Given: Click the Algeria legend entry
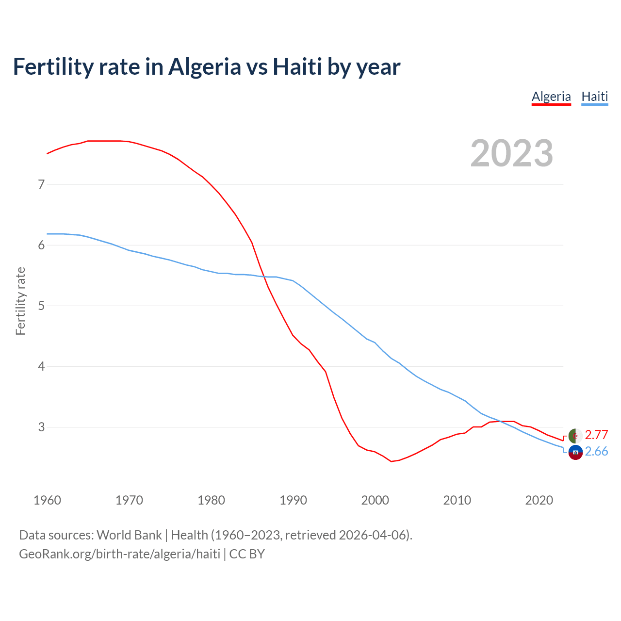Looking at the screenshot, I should [551, 97].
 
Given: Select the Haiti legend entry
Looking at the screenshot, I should [594, 97].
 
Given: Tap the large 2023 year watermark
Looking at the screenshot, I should [511, 153].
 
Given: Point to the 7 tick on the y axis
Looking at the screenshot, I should [41, 184].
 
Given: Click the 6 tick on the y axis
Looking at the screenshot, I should [41, 245].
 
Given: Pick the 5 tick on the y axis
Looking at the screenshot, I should [41, 306].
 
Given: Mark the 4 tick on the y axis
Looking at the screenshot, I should [41, 366].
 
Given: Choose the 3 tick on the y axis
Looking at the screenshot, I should [41, 427].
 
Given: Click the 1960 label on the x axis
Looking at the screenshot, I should [47, 500].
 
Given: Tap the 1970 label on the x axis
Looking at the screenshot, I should [129, 500].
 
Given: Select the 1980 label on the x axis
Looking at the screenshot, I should [211, 500].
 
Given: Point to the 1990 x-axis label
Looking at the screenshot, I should [293, 500].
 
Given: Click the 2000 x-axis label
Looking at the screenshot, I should [375, 500].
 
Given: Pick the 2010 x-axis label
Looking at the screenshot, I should [457, 500].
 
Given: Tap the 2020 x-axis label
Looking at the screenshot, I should [539, 500].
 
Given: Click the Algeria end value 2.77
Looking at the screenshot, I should [596, 435].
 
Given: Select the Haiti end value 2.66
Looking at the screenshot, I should [596, 452].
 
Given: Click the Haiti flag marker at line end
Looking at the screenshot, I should [575, 452].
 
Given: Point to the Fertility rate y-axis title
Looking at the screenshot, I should [20, 301].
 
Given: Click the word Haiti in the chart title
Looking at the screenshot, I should [297, 66].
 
